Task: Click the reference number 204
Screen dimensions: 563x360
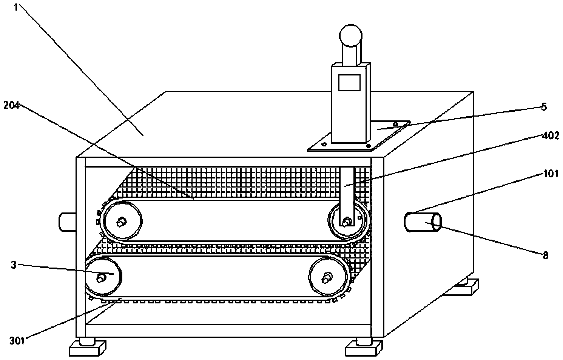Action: coord(11,105)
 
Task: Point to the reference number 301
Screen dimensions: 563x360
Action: coord(17,341)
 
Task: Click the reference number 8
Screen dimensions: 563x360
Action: coord(546,255)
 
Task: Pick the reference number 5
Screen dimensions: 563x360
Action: coord(544,107)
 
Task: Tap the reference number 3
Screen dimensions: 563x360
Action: coord(14,265)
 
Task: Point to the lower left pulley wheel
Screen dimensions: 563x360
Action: coord(103,277)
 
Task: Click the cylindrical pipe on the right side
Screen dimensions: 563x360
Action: coord(423,222)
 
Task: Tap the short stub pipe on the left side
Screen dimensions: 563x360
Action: coord(67,221)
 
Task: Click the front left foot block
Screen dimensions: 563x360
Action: coord(88,348)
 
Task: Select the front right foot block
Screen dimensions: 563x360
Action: coord(364,348)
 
